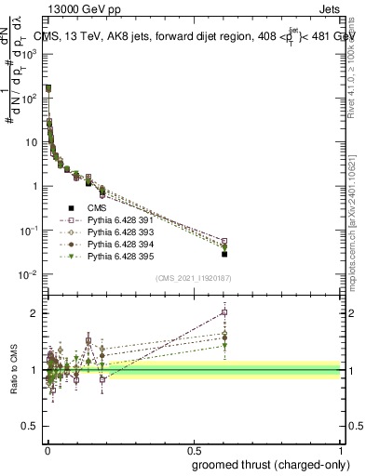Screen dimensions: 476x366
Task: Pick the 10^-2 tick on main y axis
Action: pyautogui.click(x=32, y=274)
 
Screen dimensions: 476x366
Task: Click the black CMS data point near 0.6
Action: pyautogui.click(x=224, y=254)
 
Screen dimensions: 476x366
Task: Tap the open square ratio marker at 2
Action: pyautogui.click(x=224, y=312)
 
